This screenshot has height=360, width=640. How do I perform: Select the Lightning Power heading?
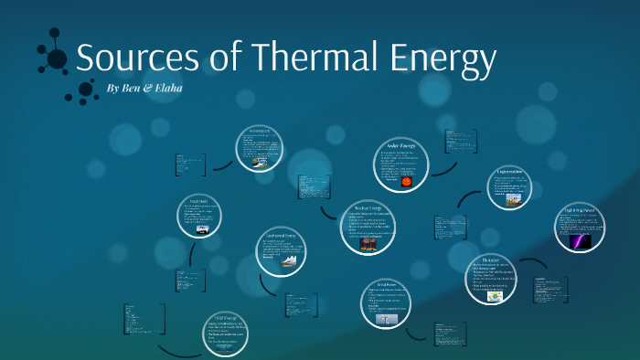(581, 210)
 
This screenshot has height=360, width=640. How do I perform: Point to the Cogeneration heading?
(509, 172)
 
